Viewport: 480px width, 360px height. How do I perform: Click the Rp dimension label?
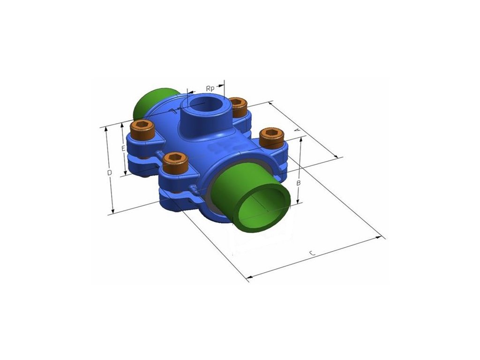coord(210,89)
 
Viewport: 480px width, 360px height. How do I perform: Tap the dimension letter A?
coord(297,130)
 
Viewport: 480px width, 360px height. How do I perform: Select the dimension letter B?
coord(299,183)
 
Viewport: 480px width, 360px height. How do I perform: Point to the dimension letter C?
coord(312,253)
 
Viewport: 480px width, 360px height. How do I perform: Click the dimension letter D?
coord(109,172)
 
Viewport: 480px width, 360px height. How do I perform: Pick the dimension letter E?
coord(123,149)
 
